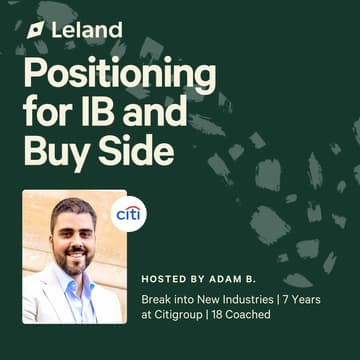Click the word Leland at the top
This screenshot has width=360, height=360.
tap(88, 30)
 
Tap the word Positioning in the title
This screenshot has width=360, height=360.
tap(118, 77)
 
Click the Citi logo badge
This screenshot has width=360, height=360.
tap(128, 213)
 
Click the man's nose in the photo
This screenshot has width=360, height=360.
tap(72, 243)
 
